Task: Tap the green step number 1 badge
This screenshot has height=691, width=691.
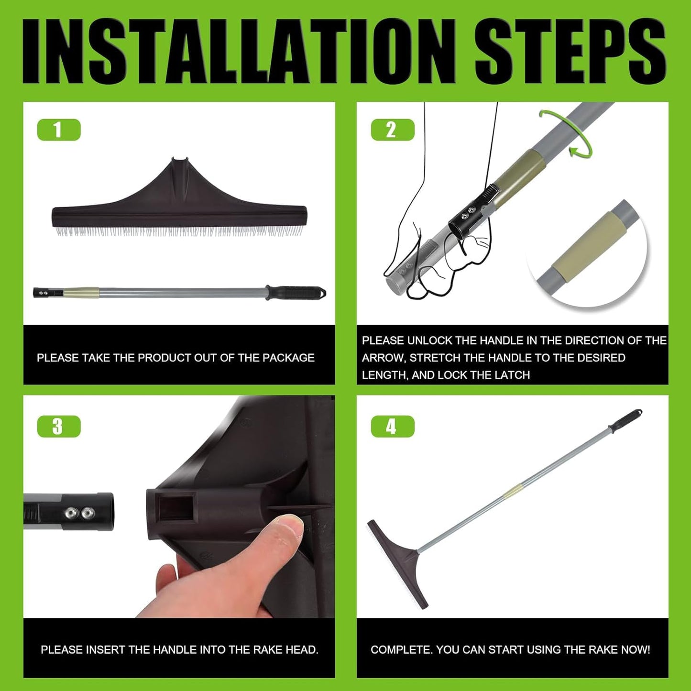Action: pos(59,130)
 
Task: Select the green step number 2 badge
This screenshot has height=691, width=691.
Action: pos(392,130)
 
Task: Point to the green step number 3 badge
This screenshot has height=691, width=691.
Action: pos(59,427)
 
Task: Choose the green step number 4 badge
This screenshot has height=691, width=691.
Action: pos(392,427)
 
